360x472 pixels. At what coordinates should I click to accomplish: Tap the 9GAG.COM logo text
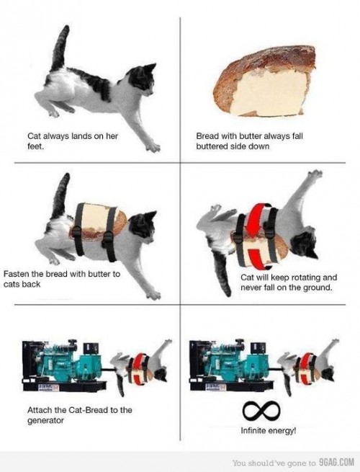(336, 462)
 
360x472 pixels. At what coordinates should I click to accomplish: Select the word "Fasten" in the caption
(17, 274)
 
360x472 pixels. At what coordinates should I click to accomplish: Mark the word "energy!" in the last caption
(287, 432)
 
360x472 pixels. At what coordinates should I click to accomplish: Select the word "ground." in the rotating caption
(315, 288)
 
